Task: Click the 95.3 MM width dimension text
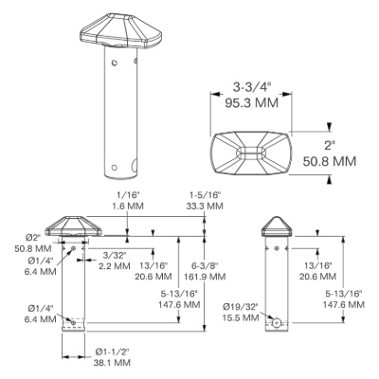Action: [x=252, y=103]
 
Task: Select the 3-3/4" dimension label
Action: [x=252, y=87]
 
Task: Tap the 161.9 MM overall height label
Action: [x=206, y=277]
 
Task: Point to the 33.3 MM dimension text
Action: [x=205, y=206]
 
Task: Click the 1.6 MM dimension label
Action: [x=128, y=206]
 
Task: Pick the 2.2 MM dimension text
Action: [x=115, y=266]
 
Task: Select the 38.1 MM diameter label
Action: [x=112, y=362]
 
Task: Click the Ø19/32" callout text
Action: [x=241, y=306]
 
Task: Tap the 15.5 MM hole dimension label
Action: [x=241, y=317]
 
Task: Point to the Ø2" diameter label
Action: [x=34, y=238]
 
